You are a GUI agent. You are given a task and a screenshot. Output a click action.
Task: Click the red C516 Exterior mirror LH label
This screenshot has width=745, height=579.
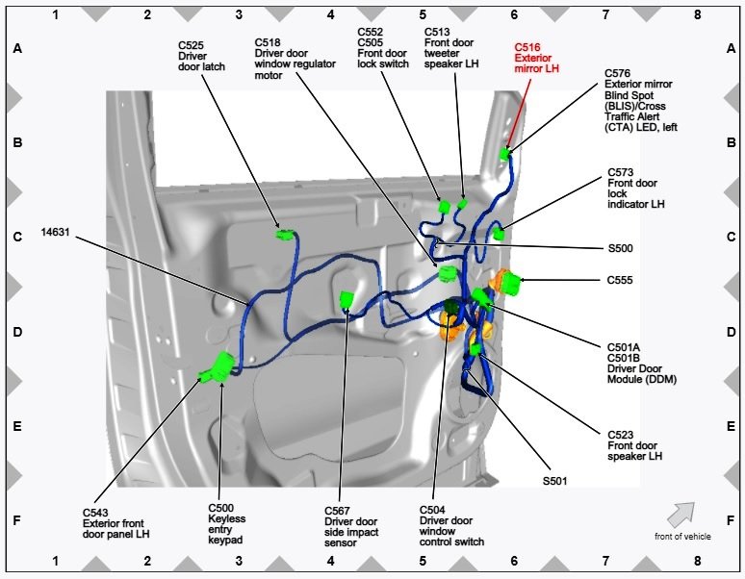(x=536, y=58)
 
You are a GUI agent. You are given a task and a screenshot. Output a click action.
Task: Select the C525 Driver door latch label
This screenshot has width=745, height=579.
(x=201, y=56)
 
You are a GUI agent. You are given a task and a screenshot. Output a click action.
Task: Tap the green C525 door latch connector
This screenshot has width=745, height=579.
(x=285, y=234)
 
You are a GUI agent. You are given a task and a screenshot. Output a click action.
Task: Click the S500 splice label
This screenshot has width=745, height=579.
(x=620, y=248)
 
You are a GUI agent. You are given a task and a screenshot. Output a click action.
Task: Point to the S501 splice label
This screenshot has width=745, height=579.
(x=555, y=481)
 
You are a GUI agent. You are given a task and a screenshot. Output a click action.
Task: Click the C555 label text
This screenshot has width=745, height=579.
(x=620, y=280)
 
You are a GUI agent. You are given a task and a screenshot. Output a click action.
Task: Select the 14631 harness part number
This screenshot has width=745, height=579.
(x=55, y=232)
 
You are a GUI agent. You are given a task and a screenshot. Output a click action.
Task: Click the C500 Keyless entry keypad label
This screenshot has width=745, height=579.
(x=226, y=524)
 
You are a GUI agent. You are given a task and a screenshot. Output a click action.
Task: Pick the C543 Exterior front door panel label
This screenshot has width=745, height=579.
(x=116, y=523)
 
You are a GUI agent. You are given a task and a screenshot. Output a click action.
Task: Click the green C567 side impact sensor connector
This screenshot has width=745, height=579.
(x=347, y=300)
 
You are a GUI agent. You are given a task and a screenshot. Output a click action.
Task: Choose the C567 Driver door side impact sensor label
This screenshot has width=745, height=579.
(x=351, y=527)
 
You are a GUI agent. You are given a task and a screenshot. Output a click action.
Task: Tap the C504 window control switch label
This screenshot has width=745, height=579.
(x=451, y=526)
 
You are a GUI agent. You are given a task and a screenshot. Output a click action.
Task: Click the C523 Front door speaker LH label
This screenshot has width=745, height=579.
(x=634, y=445)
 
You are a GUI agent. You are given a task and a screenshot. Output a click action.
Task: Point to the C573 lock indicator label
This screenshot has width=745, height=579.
(x=635, y=189)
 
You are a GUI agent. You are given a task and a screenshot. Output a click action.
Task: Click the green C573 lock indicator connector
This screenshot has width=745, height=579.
(x=498, y=234)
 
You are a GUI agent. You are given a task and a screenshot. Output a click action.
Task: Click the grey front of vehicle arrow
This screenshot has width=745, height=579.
(x=681, y=515)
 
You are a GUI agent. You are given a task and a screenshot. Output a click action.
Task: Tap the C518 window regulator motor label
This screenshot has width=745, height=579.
(x=295, y=59)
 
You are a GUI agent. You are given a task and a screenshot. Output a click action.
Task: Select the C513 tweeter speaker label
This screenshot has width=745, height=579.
(x=451, y=48)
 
